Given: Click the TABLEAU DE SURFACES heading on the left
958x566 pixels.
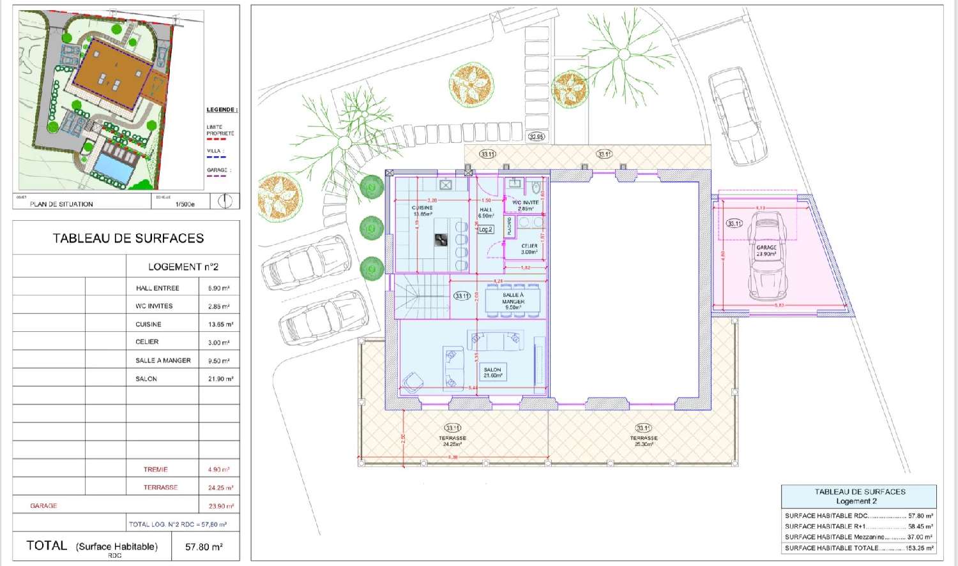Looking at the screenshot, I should [x=128, y=238].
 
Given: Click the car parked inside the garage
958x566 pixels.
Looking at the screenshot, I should [x=766, y=255].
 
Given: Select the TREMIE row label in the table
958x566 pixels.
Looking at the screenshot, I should [x=155, y=470].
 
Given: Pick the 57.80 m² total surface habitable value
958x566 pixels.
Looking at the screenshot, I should [x=204, y=547].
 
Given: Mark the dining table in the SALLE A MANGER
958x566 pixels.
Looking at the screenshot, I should [x=513, y=300].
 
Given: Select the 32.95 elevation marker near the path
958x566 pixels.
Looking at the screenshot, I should [x=536, y=137].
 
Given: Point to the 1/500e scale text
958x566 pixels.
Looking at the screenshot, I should [x=185, y=204].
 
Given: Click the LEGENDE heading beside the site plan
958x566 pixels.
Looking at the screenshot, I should [x=222, y=110].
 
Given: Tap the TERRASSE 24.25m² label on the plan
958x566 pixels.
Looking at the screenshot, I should [x=452, y=441].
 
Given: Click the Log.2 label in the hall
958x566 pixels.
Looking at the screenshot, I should [x=486, y=229].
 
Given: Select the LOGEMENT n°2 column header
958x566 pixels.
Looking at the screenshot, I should [x=183, y=267].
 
